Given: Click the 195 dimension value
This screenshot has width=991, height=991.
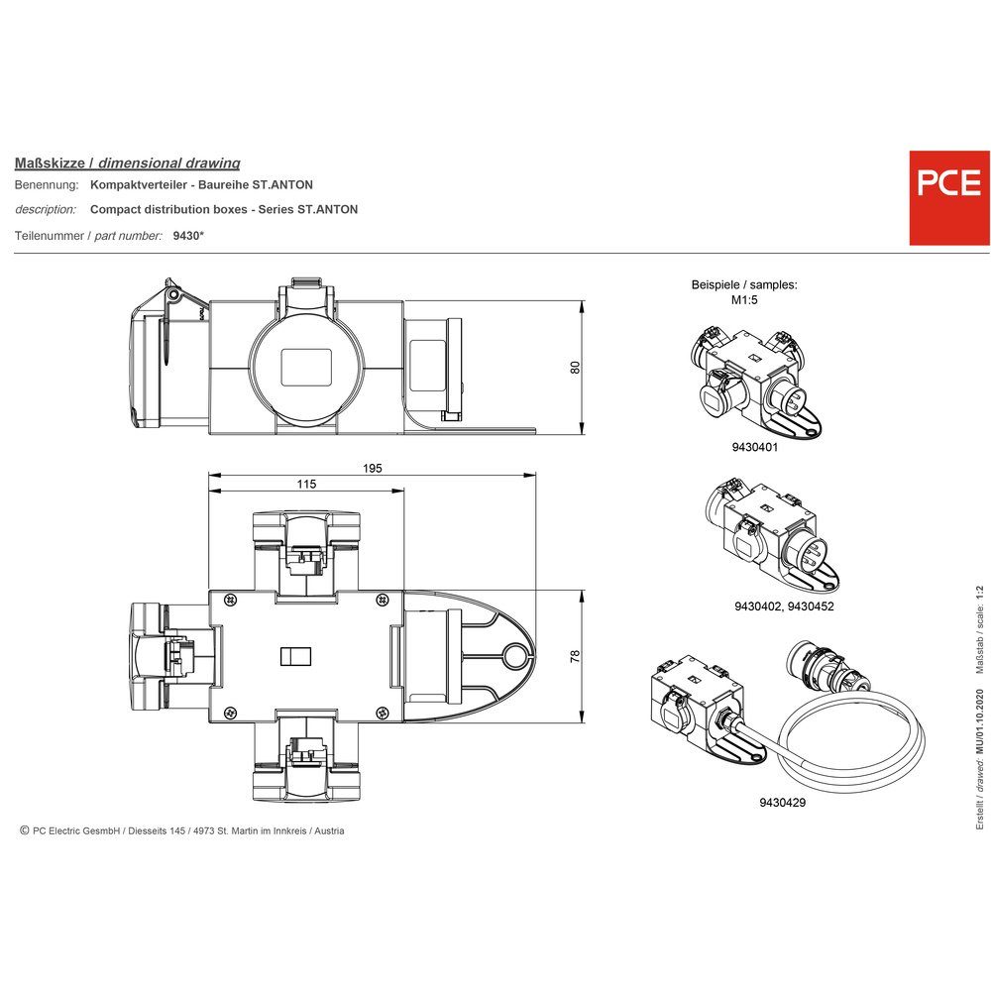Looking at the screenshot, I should pos(372,468).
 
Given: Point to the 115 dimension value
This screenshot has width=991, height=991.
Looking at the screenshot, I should pos(306,484).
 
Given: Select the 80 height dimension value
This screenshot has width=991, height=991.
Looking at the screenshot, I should pos(575,367).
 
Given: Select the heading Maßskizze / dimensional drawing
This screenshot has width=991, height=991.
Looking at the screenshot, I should pos(127,163).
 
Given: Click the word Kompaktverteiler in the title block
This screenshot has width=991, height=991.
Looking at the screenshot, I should pos(138,185).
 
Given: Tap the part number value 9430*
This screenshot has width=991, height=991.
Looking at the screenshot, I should pos(188,235).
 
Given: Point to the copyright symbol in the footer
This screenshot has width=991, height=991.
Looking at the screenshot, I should pos(24,830).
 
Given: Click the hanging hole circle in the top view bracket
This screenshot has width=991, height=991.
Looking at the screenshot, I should pos(512,655).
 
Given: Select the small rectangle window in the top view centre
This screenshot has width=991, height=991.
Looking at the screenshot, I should pos(297,657).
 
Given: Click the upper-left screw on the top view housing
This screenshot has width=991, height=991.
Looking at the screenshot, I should pos(230,600).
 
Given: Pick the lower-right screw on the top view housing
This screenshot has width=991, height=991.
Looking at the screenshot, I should pos(382,710).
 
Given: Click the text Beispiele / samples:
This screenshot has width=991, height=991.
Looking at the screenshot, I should pos(743,284).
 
